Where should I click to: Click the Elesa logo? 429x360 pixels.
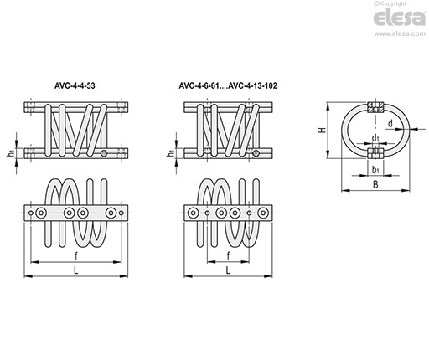[400, 18]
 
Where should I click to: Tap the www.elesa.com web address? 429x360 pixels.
[400, 33]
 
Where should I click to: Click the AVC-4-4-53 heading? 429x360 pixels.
[75, 85]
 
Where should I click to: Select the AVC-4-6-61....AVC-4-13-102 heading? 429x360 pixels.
[228, 85]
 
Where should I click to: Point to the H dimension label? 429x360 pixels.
[323, 130]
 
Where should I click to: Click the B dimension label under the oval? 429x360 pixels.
[375, 184]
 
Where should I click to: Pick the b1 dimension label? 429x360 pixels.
[375, 169]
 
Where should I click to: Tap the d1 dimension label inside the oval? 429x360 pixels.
[375, 137]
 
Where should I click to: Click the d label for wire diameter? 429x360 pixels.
[390, 123]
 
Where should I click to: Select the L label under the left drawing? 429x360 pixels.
[76, 270]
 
